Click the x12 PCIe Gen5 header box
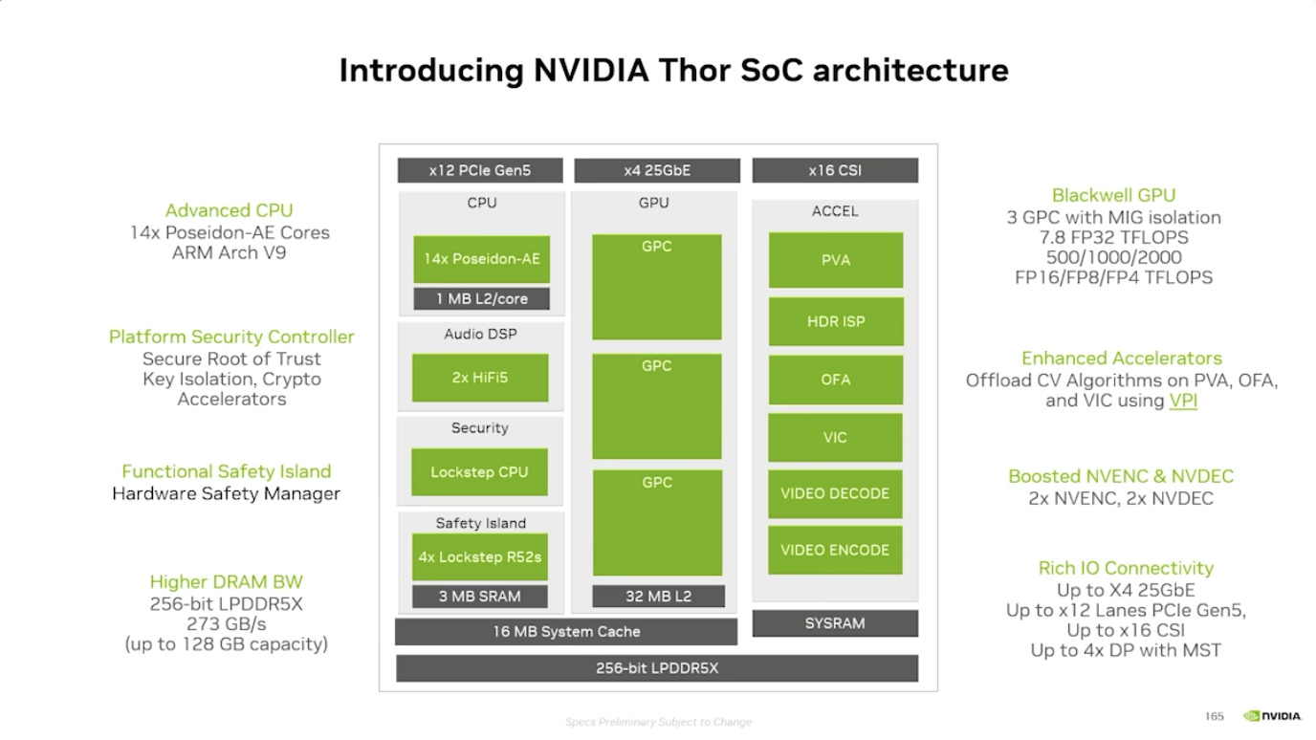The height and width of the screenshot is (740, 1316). pyautogui.click(x=479, y=171)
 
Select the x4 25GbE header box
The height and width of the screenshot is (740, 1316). pyautogui.click(x=656, y=171)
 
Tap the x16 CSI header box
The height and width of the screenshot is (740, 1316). pyautogui.click(x=835, y=171)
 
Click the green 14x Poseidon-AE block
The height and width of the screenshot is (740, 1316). pyautogui.click(x=481, y=259)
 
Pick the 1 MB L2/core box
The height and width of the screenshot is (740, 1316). pyautogui.click(x=482, y=299)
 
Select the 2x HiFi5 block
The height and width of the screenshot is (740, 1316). pyautogui.click(x=480, y=378)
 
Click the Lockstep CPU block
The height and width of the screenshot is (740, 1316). pyautogui.click(x=479, y=472)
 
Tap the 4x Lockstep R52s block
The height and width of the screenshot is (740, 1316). pyautogui.click(x=479, y=557)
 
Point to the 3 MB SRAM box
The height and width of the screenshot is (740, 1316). pyautogui.click(x=479, y=597)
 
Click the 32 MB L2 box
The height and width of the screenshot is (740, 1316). pyautogui.click(x=657, y=597)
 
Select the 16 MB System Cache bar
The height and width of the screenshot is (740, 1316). pyautogui.click(x=566, y=632)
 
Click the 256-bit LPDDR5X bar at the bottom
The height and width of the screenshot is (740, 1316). pyautogui.click(x=657, y=668)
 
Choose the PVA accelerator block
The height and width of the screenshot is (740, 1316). pyautogui.click(x=835, y=260)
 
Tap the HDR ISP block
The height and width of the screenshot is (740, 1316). pyautogui.click(x=835, y=322)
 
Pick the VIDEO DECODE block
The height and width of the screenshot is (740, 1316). pyautogui.click(x=835, y=493)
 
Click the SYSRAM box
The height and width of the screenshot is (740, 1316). pyautogui.click(x=835, y=623)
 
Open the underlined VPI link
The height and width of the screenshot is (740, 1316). pyautogui.click(x=1183, y=401)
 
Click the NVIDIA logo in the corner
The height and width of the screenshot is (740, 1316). pyautogui.click(x=1272, y=716)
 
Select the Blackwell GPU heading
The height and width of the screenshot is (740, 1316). pyautogui.click(x=1113, y=195)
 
